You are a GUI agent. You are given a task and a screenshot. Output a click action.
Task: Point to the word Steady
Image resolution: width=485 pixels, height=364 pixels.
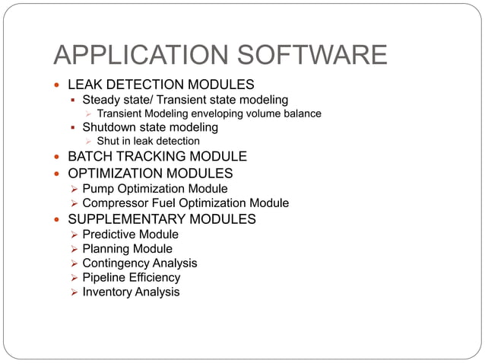(102, 100)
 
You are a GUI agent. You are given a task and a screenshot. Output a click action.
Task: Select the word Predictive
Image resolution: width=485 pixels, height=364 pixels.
(111, 234)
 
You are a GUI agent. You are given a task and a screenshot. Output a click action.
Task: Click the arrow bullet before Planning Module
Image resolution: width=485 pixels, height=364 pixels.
(74, 249)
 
